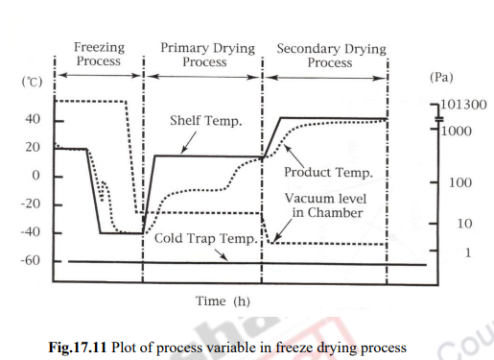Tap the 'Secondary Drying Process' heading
[330, 55]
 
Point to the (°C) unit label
[32, 83]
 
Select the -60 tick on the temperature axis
[29, 261]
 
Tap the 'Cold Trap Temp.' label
[205, 237]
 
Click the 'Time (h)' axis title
[223, 301]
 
